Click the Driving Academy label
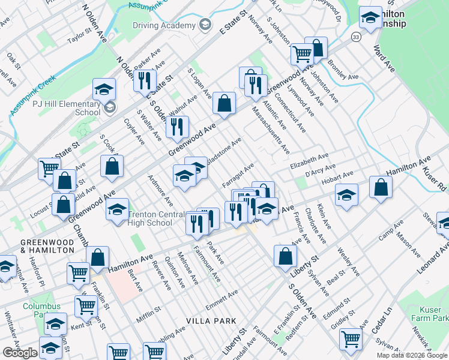164,25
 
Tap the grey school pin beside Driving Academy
206,25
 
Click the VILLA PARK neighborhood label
211,321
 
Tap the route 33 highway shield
356,37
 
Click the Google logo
20,353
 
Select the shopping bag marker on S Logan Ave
224,103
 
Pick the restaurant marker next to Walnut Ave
176,127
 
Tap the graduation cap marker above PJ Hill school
104,89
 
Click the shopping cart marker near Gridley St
351,338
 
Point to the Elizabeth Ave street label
310,161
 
